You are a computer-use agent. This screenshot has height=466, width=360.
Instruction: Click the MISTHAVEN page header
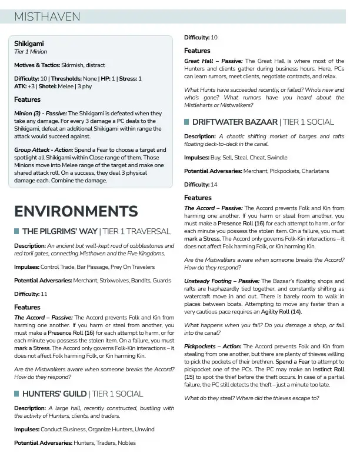coord(47,17)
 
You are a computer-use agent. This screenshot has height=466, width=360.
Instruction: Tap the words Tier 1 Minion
coord(31,52)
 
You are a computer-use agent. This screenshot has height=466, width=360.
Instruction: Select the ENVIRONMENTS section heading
coord(76,211)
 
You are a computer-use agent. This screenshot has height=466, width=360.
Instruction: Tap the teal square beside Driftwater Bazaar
coord(187,122)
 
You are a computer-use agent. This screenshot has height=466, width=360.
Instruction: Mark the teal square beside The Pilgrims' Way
coord(17,231)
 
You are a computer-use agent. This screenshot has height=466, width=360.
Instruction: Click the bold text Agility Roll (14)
coord(281,311)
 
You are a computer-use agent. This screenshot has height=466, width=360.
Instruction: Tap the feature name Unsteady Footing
coord(209,281)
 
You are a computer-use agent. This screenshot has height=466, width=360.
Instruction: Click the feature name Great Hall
coord(199,61)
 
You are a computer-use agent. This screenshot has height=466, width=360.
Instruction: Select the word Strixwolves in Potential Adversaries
coord(107,281)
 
